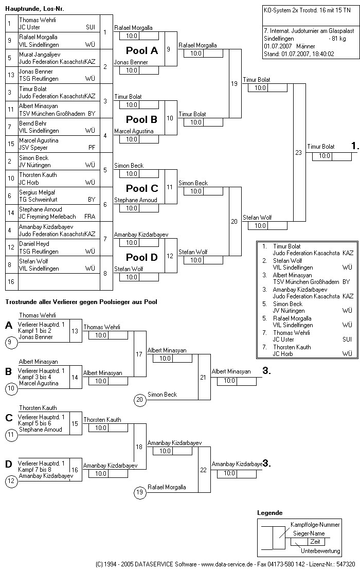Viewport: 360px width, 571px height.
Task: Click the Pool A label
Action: (142, 50)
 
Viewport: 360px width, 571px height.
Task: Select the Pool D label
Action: (142, 257)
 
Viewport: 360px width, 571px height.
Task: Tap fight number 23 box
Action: (298, 152)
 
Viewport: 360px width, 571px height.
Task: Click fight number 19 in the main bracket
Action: (235, 83)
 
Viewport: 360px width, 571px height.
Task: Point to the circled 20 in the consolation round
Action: (139, 399)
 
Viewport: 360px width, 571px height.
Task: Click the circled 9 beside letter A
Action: (10, 341)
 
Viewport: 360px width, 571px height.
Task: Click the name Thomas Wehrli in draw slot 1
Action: (38, 20)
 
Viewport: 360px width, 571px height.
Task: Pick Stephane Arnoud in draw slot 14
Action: (41, 209)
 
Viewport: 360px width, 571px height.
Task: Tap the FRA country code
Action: (90, 217)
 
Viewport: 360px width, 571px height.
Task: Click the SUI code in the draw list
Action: (91, 27)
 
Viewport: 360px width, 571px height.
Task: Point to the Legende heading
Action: (270, 513)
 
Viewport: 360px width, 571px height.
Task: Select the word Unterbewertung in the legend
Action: (320, 551)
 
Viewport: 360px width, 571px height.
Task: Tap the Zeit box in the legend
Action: (315, 542)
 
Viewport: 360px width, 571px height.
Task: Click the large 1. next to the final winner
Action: (355, 146)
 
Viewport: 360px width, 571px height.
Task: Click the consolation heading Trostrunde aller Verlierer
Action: (81, 301)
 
